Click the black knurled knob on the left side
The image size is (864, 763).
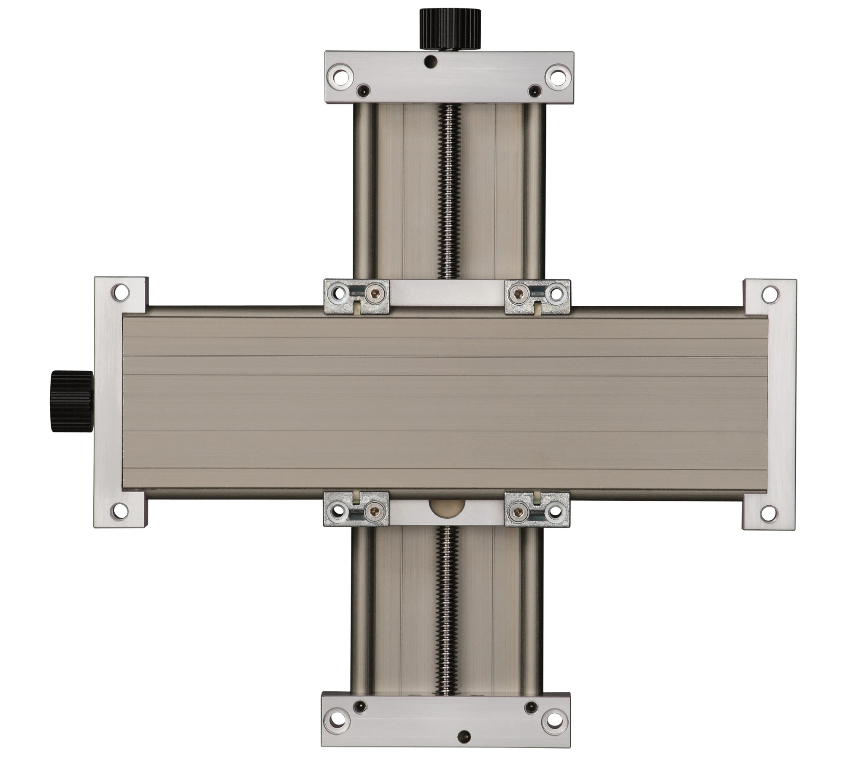(x=72, y=401)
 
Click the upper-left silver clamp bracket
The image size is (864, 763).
(x=356, y=297)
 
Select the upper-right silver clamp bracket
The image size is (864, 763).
(x=537, y=297)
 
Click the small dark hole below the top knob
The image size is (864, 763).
(x=430, y=62)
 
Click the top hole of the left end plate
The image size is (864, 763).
(x=120, y=292)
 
